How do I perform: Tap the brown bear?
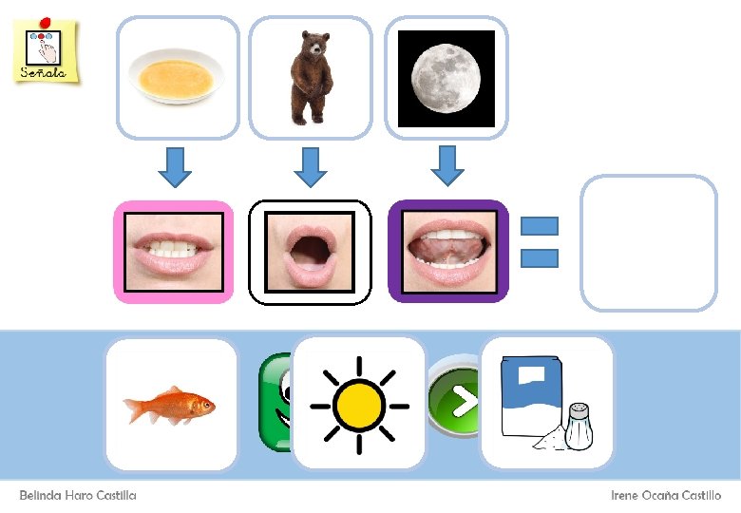309,78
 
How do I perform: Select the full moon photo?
446,78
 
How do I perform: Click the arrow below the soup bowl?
174,166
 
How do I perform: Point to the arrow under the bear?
310,166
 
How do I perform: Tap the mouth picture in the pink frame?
174,253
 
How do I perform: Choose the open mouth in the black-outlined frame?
310,253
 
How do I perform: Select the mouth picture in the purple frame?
448,253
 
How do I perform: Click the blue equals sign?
540,242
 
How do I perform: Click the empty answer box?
648,243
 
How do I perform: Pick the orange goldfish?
170,405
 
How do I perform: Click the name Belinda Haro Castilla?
78,496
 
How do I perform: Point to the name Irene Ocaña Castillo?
665,496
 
